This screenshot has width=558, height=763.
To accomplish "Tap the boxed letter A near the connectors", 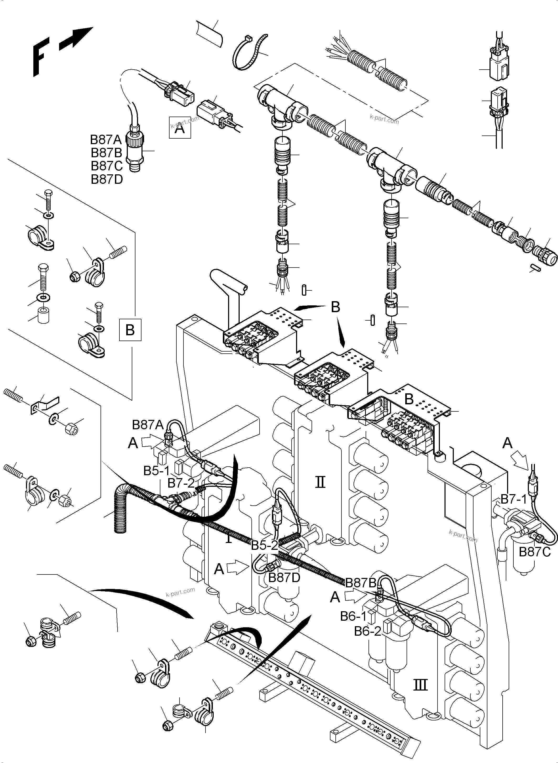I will click(x=180, y=128).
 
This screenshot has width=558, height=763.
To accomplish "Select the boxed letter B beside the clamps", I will click(x=130, y=330).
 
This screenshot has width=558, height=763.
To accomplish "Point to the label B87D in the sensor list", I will click(x=107, y=179).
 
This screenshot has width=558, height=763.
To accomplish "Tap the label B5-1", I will click(x=156, y=471).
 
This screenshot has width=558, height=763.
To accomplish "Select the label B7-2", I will click(x=181, y=483).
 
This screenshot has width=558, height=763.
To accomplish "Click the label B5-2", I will click(x=264, y=545).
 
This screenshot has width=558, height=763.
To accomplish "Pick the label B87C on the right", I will click(x=535, y=552).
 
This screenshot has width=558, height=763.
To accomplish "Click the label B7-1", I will click(x=513, y=499).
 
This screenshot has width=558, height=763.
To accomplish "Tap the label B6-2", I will click(x=367, y=631).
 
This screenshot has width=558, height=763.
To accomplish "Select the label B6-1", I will click(x=353, y=616).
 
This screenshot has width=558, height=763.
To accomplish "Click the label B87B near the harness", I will click(x=361, y=583).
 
